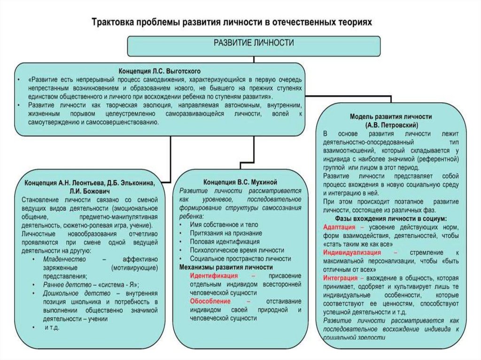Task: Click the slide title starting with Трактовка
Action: tap(231, 22)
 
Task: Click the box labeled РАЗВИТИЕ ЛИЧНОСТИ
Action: tap(254, 43)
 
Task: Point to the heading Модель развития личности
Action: tap(391, 116)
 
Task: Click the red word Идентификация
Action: tap(214, 276)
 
